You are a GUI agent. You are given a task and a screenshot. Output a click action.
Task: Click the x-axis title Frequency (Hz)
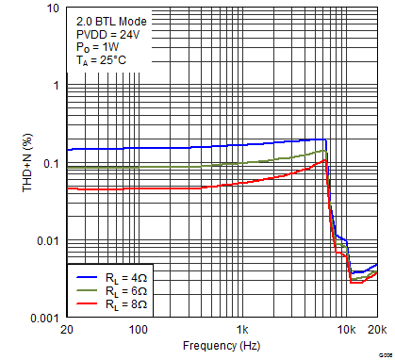221,345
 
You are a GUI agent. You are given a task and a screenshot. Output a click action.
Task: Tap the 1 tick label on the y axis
55,86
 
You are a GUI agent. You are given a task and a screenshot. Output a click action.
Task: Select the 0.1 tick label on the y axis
50,164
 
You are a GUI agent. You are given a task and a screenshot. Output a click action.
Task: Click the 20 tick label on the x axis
66,331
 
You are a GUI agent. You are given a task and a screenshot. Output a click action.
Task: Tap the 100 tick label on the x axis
139,331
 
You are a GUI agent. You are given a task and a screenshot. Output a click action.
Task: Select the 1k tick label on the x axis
242,331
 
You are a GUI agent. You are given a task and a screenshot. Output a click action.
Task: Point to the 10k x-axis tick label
346,331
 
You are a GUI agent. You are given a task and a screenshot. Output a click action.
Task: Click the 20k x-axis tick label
376,331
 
